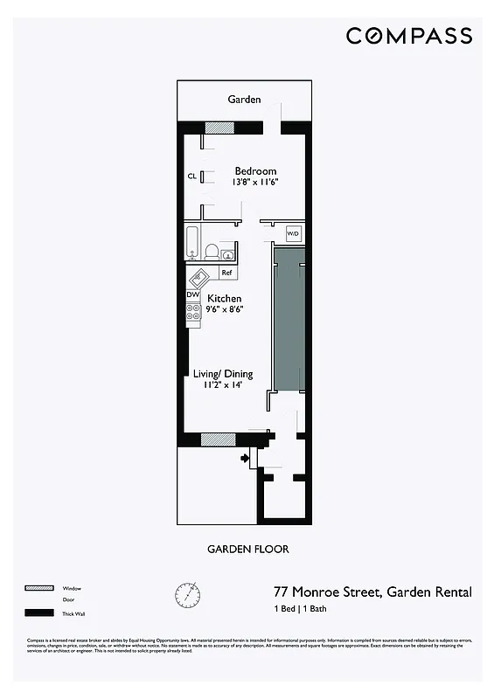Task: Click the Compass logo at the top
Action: [408, 36]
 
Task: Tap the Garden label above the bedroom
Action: [244, 100]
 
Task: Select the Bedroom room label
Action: [255, 171]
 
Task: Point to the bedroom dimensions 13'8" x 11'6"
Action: [255, 183]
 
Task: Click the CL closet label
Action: [191, 176]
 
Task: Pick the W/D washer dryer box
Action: [294, 234]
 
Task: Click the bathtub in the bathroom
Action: [192, 243]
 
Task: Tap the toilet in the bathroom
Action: [211, 252]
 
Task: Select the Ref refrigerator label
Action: [226, 273]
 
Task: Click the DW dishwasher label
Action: [192, 295]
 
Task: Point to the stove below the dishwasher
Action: [193, 313]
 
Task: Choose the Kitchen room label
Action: [225, 299]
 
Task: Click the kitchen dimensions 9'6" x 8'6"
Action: [225, 309]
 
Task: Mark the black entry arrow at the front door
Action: [246, 457]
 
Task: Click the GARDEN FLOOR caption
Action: [247, 550]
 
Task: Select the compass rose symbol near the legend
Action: [186, 595]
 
